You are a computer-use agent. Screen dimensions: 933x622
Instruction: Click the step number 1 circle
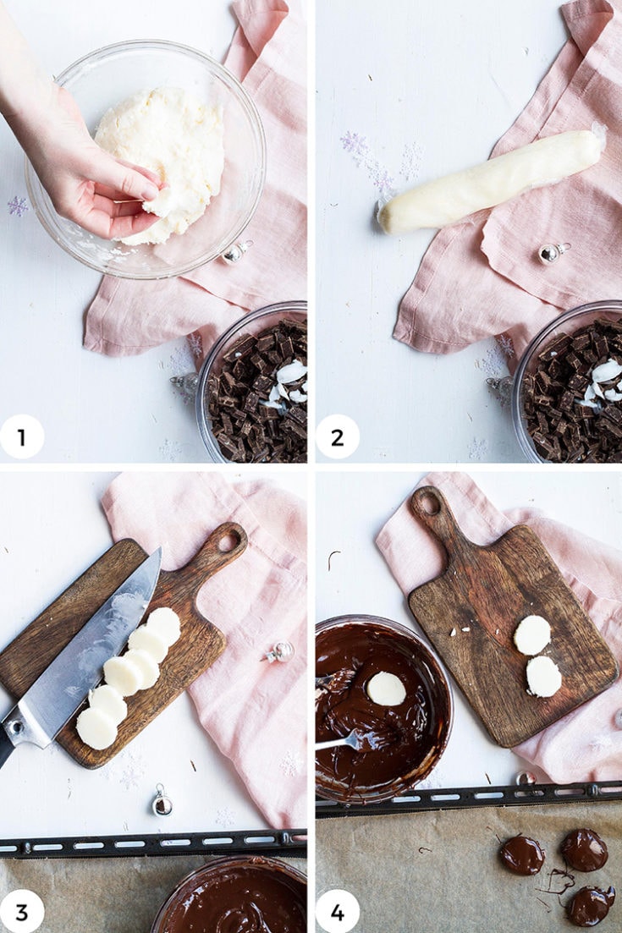click(x=22, y=437)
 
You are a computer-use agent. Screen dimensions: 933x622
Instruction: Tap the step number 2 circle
click(x=338, y=437)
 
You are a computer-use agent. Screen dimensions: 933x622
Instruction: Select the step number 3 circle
click(x=22, y=912)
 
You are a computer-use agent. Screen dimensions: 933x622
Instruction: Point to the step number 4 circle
click(x=338, y=912)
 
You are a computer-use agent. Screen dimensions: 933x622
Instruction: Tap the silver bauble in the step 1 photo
click(x=236, y=251)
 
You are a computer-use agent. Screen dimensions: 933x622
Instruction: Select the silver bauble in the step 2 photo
click(x=553, y=252)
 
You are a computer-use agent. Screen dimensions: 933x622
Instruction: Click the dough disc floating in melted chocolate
click(x=386, y=689)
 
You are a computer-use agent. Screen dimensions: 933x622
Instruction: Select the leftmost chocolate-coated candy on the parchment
click(x=521, y=854)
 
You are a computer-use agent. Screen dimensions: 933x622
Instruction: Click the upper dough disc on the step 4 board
click(x=532, y=634)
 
